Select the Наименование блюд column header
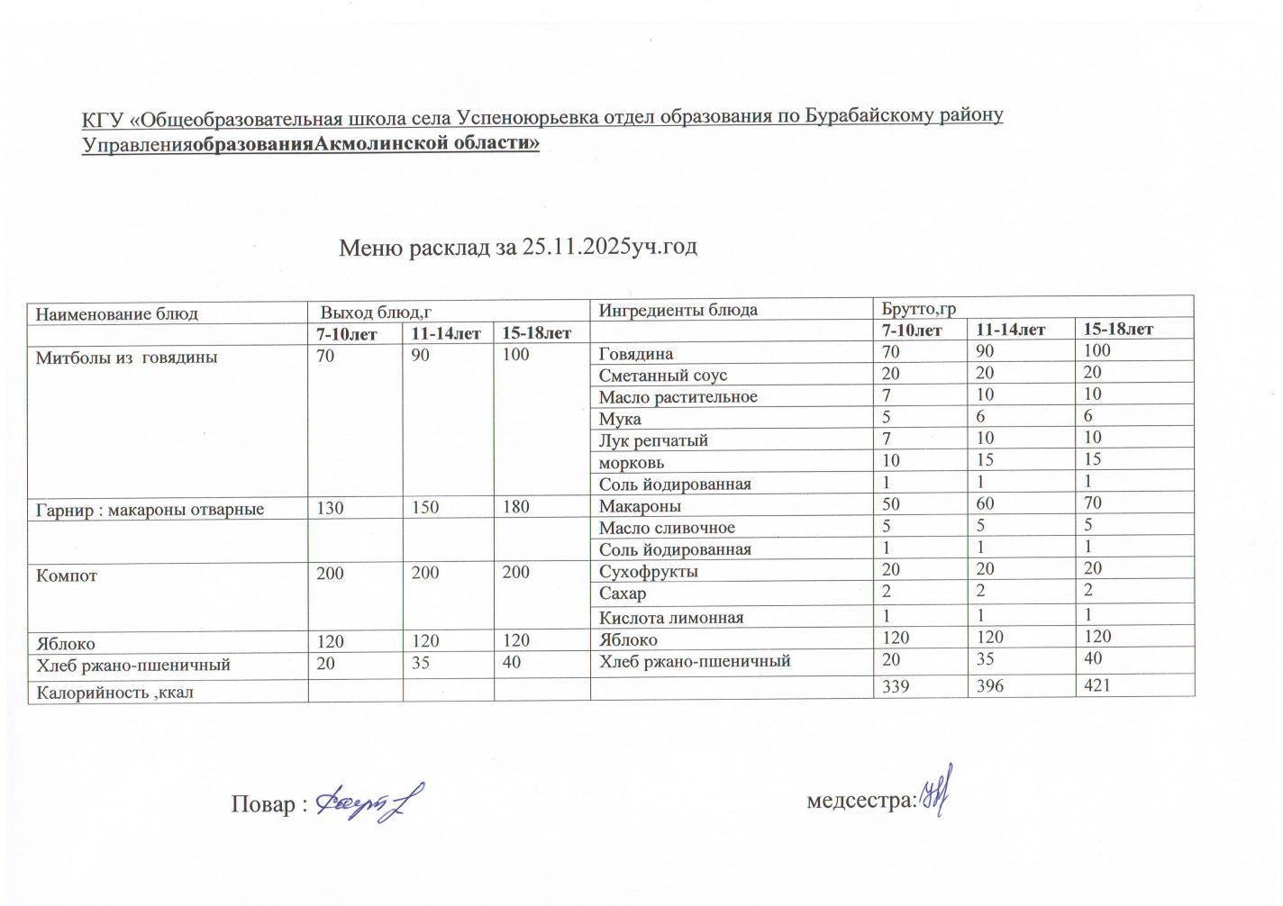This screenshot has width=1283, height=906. coord(117,314)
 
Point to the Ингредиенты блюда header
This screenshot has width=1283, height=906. coord(678,310)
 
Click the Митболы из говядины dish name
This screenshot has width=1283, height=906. coord(126,358)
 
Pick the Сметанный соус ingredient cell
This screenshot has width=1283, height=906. coord(663,376)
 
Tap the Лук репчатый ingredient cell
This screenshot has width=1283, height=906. coord(654,440)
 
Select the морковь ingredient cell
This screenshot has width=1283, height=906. coord(632,463)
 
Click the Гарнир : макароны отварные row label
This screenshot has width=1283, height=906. coord(150,510)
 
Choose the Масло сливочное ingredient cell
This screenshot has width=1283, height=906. coord(667,528)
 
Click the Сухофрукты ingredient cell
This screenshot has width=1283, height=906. coord(649,572)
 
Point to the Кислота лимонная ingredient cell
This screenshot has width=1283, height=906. coord(671,618)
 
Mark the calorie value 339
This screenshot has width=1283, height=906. coord(896,686)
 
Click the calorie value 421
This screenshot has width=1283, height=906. coord(1097,685)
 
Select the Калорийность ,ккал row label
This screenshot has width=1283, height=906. coord(114,693)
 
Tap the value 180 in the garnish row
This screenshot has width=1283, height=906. coord(516,507)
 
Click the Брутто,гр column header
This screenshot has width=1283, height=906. coord(918,309)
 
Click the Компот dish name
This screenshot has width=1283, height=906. coord(67,575)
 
